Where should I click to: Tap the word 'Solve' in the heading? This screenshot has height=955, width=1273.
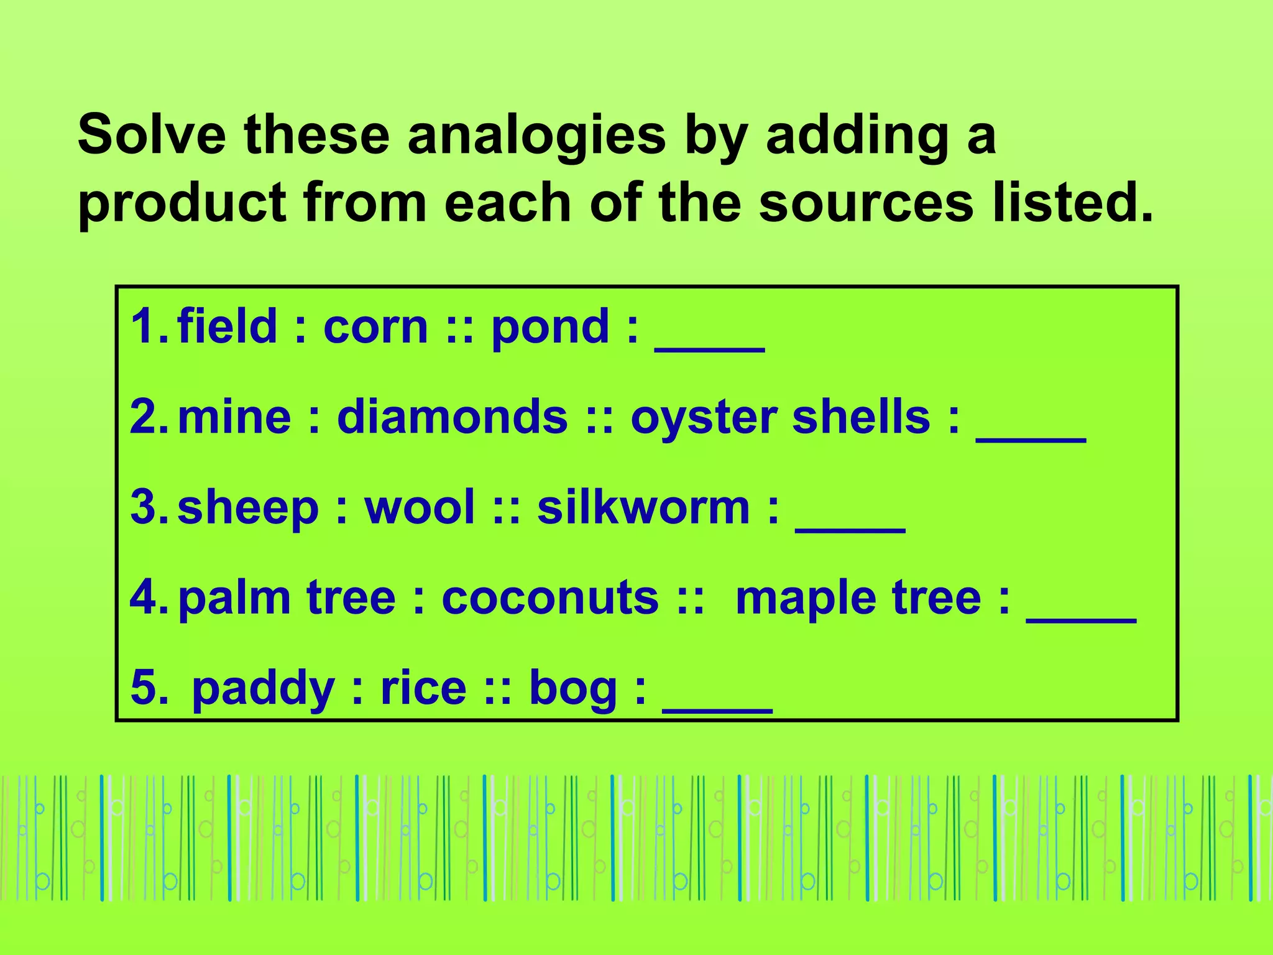152,135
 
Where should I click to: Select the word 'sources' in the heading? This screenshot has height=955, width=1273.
866,203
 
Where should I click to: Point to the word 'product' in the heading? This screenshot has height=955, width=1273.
183,204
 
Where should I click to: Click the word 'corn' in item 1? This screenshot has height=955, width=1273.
375,326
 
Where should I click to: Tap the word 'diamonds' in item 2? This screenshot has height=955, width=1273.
452,417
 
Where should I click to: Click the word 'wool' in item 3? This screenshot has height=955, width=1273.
420,507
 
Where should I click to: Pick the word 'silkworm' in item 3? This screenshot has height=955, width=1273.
643,507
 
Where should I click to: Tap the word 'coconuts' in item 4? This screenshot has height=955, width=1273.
550,598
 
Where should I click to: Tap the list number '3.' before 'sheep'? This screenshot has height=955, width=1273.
149,507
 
